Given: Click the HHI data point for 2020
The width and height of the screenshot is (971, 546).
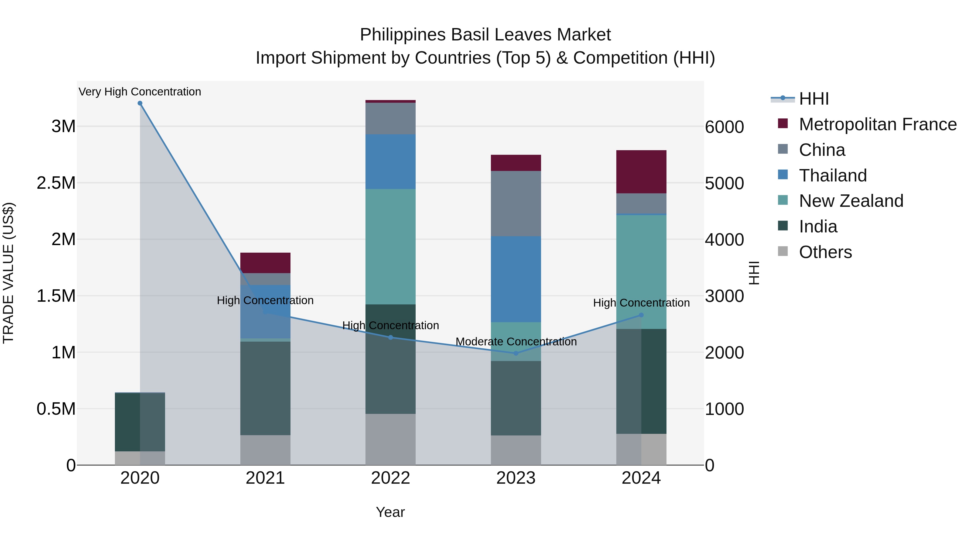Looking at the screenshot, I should [x=140, y=103].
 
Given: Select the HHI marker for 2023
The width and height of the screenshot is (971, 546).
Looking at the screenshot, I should [x=516, y=353].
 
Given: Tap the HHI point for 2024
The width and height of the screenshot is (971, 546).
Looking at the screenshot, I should [x=641, y=315].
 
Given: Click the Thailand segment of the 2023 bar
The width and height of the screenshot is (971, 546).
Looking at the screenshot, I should [x=516, y=279].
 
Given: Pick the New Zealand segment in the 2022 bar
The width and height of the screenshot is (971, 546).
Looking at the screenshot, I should [x=391, y=246].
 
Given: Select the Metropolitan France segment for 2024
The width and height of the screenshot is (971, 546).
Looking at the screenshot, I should [x=641, y=172].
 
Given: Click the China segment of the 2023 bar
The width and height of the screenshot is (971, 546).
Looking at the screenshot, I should [x=516, y=204].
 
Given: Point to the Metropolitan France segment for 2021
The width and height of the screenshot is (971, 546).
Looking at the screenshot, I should [x=265, y=263].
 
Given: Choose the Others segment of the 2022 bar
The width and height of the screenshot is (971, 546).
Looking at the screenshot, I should [x=391, y=439].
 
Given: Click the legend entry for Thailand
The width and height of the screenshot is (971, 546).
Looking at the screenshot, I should [x=833, y=176].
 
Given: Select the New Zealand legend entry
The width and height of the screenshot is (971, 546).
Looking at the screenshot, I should [x=851, y=201].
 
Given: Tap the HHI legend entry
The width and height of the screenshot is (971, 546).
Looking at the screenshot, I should [x=813, y=99].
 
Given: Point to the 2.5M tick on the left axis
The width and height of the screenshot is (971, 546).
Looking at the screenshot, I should [x=56, y=183].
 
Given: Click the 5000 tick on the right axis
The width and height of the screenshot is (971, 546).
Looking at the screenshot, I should [x=724, y=184].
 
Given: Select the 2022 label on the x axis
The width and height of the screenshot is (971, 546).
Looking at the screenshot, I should [x=391, y=478].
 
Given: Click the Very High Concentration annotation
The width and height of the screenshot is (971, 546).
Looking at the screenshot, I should [x=140, y=92].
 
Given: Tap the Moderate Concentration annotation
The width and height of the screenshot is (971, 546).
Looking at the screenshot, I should [x=516, y=341].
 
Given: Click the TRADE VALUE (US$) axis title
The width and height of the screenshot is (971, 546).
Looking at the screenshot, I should [x=9, y=273].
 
